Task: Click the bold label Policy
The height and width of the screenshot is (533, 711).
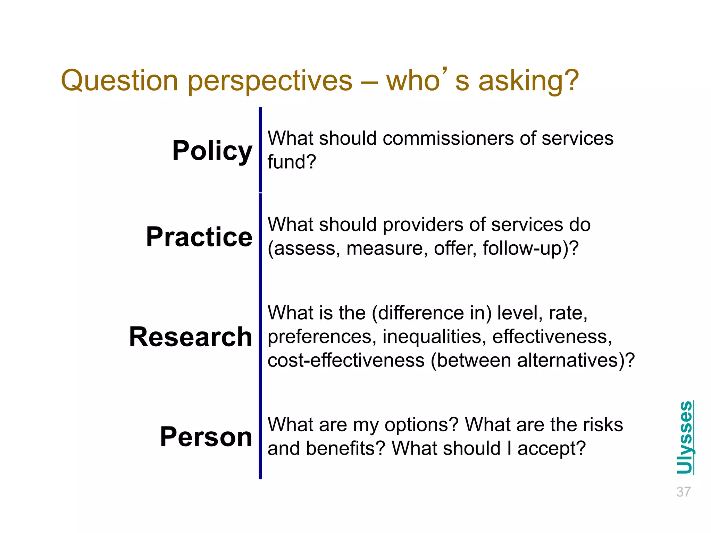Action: tap(212, 151)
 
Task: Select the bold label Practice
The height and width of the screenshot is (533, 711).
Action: tap(199, 237)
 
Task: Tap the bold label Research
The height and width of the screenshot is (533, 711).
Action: tap(190, 337)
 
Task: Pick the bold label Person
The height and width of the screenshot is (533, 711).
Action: tap(206, 437)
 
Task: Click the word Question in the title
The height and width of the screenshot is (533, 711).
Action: tap(119, 81)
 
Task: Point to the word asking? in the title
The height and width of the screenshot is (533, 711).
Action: tap(528, 81)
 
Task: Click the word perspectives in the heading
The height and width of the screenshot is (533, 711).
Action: tap(270, 81)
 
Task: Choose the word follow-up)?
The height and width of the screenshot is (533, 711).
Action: tap(530, 248)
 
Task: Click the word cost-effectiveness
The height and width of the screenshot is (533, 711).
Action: tap(346, 361)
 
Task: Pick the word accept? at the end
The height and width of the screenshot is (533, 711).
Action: tap(551, 448)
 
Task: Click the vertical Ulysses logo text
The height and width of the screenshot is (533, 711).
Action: tap(685, 437)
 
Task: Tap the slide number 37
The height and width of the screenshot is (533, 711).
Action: tap(683, 492)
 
